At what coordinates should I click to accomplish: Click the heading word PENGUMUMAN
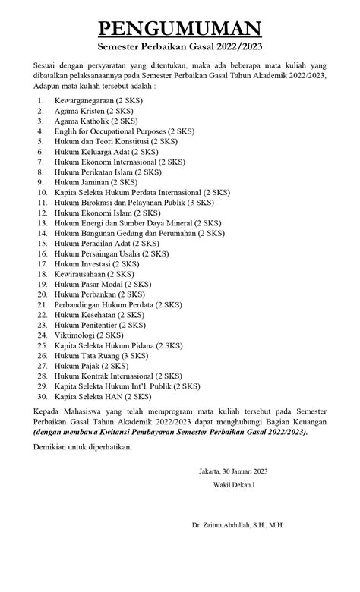(180, 29)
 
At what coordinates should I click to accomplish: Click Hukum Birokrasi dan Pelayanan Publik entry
(134, 203)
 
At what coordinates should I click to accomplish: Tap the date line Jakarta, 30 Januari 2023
(234, 471)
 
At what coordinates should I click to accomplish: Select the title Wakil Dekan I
(234, 484)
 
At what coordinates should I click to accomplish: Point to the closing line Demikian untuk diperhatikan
(82, 447)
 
